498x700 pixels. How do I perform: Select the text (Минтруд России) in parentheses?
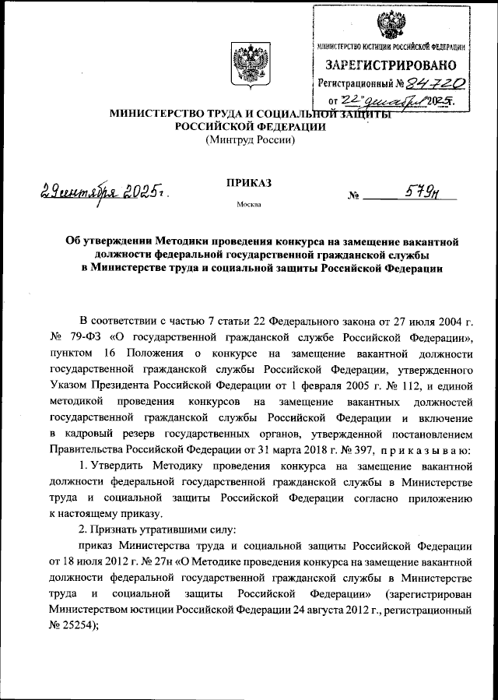249,141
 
